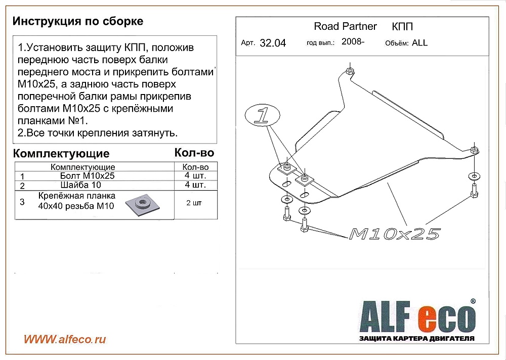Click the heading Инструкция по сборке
tap(78, 21)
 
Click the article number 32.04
tap(273, 43)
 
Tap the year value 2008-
tap(353, 41)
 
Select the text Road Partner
tap(345, 26)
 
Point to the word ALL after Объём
tap(419, 43)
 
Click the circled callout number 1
tap(262, 115)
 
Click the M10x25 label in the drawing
tap(394, 234)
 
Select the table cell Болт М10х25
tap(88, 175)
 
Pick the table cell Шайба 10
tap(80, 185)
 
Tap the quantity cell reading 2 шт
tap(194, 203)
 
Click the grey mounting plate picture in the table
tap(142, 205)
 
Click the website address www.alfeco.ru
tap(65, 339)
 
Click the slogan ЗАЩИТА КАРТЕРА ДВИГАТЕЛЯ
tap(416, 338)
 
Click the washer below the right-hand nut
tap(474, 176)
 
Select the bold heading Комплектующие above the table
tap(61, 154)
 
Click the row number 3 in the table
tap(22, 202)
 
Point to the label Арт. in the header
tap(248, 43)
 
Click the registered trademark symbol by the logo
tap(473, 301)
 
